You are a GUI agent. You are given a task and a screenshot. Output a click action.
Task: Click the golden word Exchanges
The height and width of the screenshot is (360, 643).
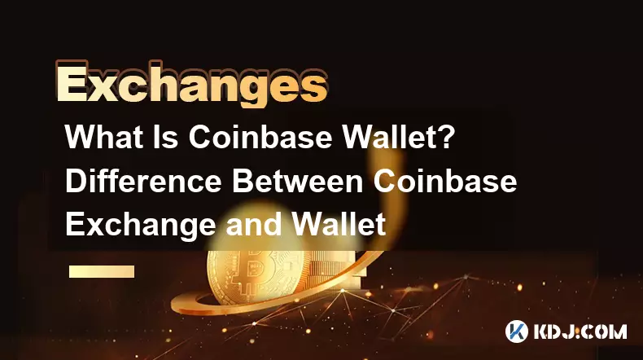click(x=191, y=85)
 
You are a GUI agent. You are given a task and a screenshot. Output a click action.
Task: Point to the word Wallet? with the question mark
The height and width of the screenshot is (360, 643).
click(x=399, y=137)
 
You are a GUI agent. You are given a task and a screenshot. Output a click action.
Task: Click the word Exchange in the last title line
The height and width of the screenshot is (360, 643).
click(x=140, y=226)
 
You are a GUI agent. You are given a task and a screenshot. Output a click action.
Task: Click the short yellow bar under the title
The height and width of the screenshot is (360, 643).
click(x=102, y=271)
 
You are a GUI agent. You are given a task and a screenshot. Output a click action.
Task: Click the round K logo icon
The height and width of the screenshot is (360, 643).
click(x=517, y=331)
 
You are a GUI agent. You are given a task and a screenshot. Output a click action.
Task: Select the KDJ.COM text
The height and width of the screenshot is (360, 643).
click(x=580, y=331)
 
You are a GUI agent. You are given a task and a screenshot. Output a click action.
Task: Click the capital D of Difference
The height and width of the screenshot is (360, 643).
click(x=75, y=181)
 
